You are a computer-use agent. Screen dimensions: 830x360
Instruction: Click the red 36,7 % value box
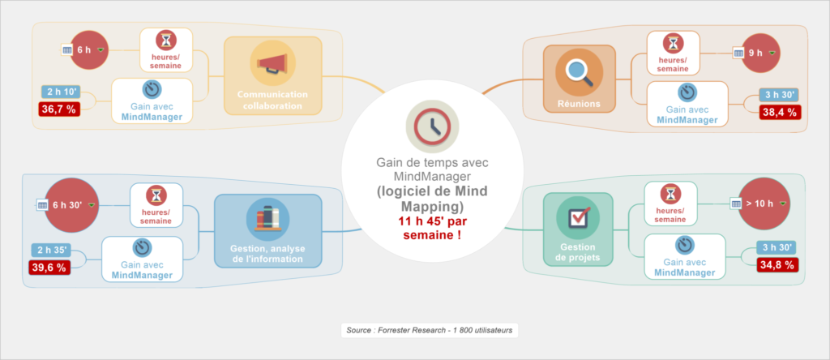59,109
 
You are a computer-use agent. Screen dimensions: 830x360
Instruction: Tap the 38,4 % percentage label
781,112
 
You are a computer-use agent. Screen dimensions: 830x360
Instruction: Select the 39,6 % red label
49,268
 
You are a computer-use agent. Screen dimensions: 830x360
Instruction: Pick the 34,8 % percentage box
777,264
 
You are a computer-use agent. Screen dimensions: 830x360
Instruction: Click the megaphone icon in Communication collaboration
272,63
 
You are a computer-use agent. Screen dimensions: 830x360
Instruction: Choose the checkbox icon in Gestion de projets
578,216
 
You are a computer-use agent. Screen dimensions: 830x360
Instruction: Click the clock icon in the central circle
433,126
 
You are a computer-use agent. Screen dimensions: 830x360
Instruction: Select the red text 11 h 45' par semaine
432,228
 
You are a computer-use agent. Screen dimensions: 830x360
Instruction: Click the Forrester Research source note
430,330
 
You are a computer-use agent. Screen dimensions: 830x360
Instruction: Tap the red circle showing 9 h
760,53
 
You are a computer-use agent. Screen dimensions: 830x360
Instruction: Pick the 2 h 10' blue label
61,92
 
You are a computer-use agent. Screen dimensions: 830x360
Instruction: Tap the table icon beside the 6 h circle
66,50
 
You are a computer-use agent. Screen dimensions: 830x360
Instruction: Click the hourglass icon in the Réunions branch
674,43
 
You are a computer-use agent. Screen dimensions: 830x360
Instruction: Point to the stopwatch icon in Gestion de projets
685,245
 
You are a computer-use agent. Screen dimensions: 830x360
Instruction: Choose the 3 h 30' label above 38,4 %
779,96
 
